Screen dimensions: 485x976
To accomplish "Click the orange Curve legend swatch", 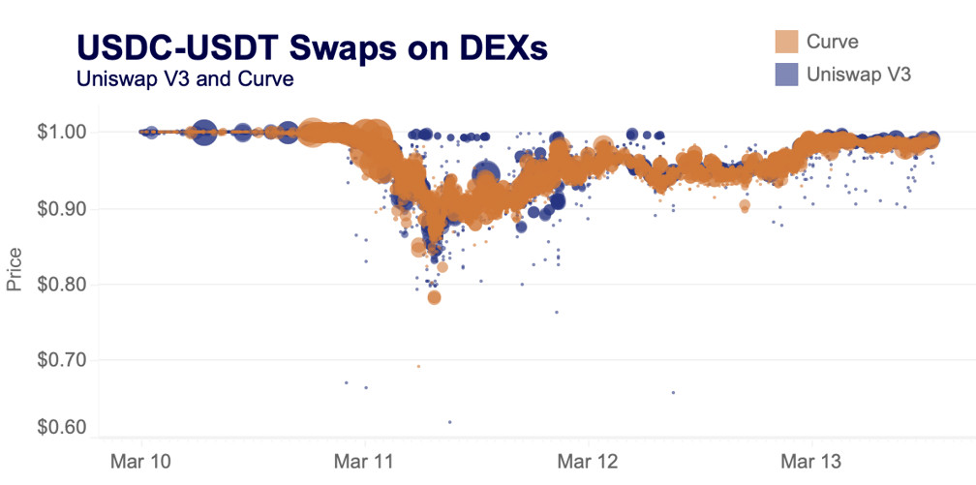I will (x=786, y=42).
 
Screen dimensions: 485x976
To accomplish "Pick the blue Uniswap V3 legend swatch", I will (x=786, y=74).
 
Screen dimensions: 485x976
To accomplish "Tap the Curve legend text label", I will (x=832, y=42).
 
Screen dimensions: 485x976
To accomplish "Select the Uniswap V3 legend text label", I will (x=859, y=74).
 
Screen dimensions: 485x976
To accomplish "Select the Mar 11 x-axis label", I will (x=364, y=457).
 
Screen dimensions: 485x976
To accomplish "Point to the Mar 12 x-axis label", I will (x=588, y=457).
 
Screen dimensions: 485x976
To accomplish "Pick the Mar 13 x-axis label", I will (x=811, y=457).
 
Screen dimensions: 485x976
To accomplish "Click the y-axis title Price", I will (x=15, y=268).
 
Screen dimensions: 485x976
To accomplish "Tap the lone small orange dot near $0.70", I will (x=418, y=366).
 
